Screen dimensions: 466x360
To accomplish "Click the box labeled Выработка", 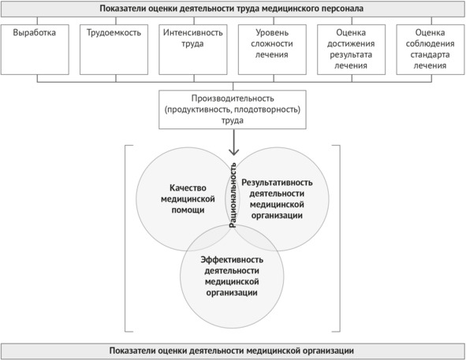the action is [x=35, y=50].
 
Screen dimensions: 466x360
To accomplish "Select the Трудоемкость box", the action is [x=114, y=50].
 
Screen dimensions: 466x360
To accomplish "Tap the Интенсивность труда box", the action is [x=193, y=50].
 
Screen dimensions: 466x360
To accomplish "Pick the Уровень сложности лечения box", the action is [x=272, y=50].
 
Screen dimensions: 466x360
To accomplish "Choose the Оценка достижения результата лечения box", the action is [x=352, y=50].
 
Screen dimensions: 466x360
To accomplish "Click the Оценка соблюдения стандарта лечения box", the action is [x=431, y=50].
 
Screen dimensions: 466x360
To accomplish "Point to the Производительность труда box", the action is [x=233, y=109].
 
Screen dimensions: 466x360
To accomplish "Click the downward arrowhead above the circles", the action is [x=234, y=152].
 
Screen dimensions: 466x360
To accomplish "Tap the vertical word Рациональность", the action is [x=233, y=195].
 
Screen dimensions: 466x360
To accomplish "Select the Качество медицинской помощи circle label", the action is [x=188, y=199].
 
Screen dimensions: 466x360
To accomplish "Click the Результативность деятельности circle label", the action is [x=277, y=199].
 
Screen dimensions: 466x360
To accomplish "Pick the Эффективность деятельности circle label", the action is [x=232, y=276].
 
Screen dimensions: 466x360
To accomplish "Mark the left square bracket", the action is [x=125, y=239].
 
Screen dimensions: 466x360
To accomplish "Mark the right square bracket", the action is [x=340, y=239].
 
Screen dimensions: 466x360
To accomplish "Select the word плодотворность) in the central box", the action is [x=267, y=109].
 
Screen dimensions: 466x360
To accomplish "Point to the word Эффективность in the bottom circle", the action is [x=232, y=260].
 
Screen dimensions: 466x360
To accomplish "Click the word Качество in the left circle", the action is [x=188, y=188].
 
